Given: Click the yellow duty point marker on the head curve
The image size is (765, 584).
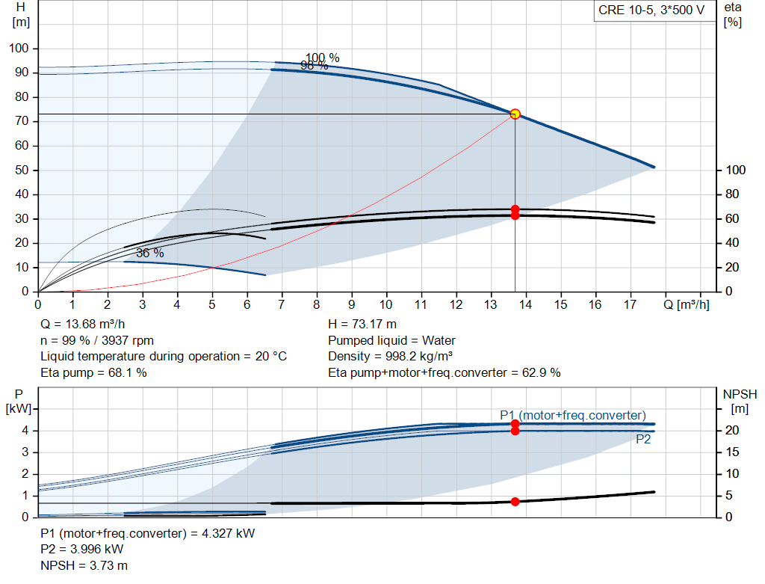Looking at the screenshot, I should pyautogui.click(x=515, y=114).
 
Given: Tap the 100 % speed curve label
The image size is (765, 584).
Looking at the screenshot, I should pyautogui.click(x=322, y=58).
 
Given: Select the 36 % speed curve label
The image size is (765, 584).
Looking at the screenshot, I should pyautogui.click(x=149, y=253).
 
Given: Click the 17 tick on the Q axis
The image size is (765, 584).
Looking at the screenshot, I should pyautogui.click(x=630, y=304).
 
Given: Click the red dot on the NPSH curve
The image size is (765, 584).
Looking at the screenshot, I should pyautogui.click(x=515, y=502).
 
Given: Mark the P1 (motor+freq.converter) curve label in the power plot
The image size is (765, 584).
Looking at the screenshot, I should pyautogui.click(x=573, y=415).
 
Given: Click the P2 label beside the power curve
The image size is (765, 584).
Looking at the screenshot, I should pyautogui.click(x=643, y=440).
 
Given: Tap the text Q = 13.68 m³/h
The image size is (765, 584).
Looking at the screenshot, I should pyautogui.click(x=84, y=325).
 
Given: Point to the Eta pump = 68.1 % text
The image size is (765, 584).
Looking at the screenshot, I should pyautogui.click(x=93, y=372).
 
